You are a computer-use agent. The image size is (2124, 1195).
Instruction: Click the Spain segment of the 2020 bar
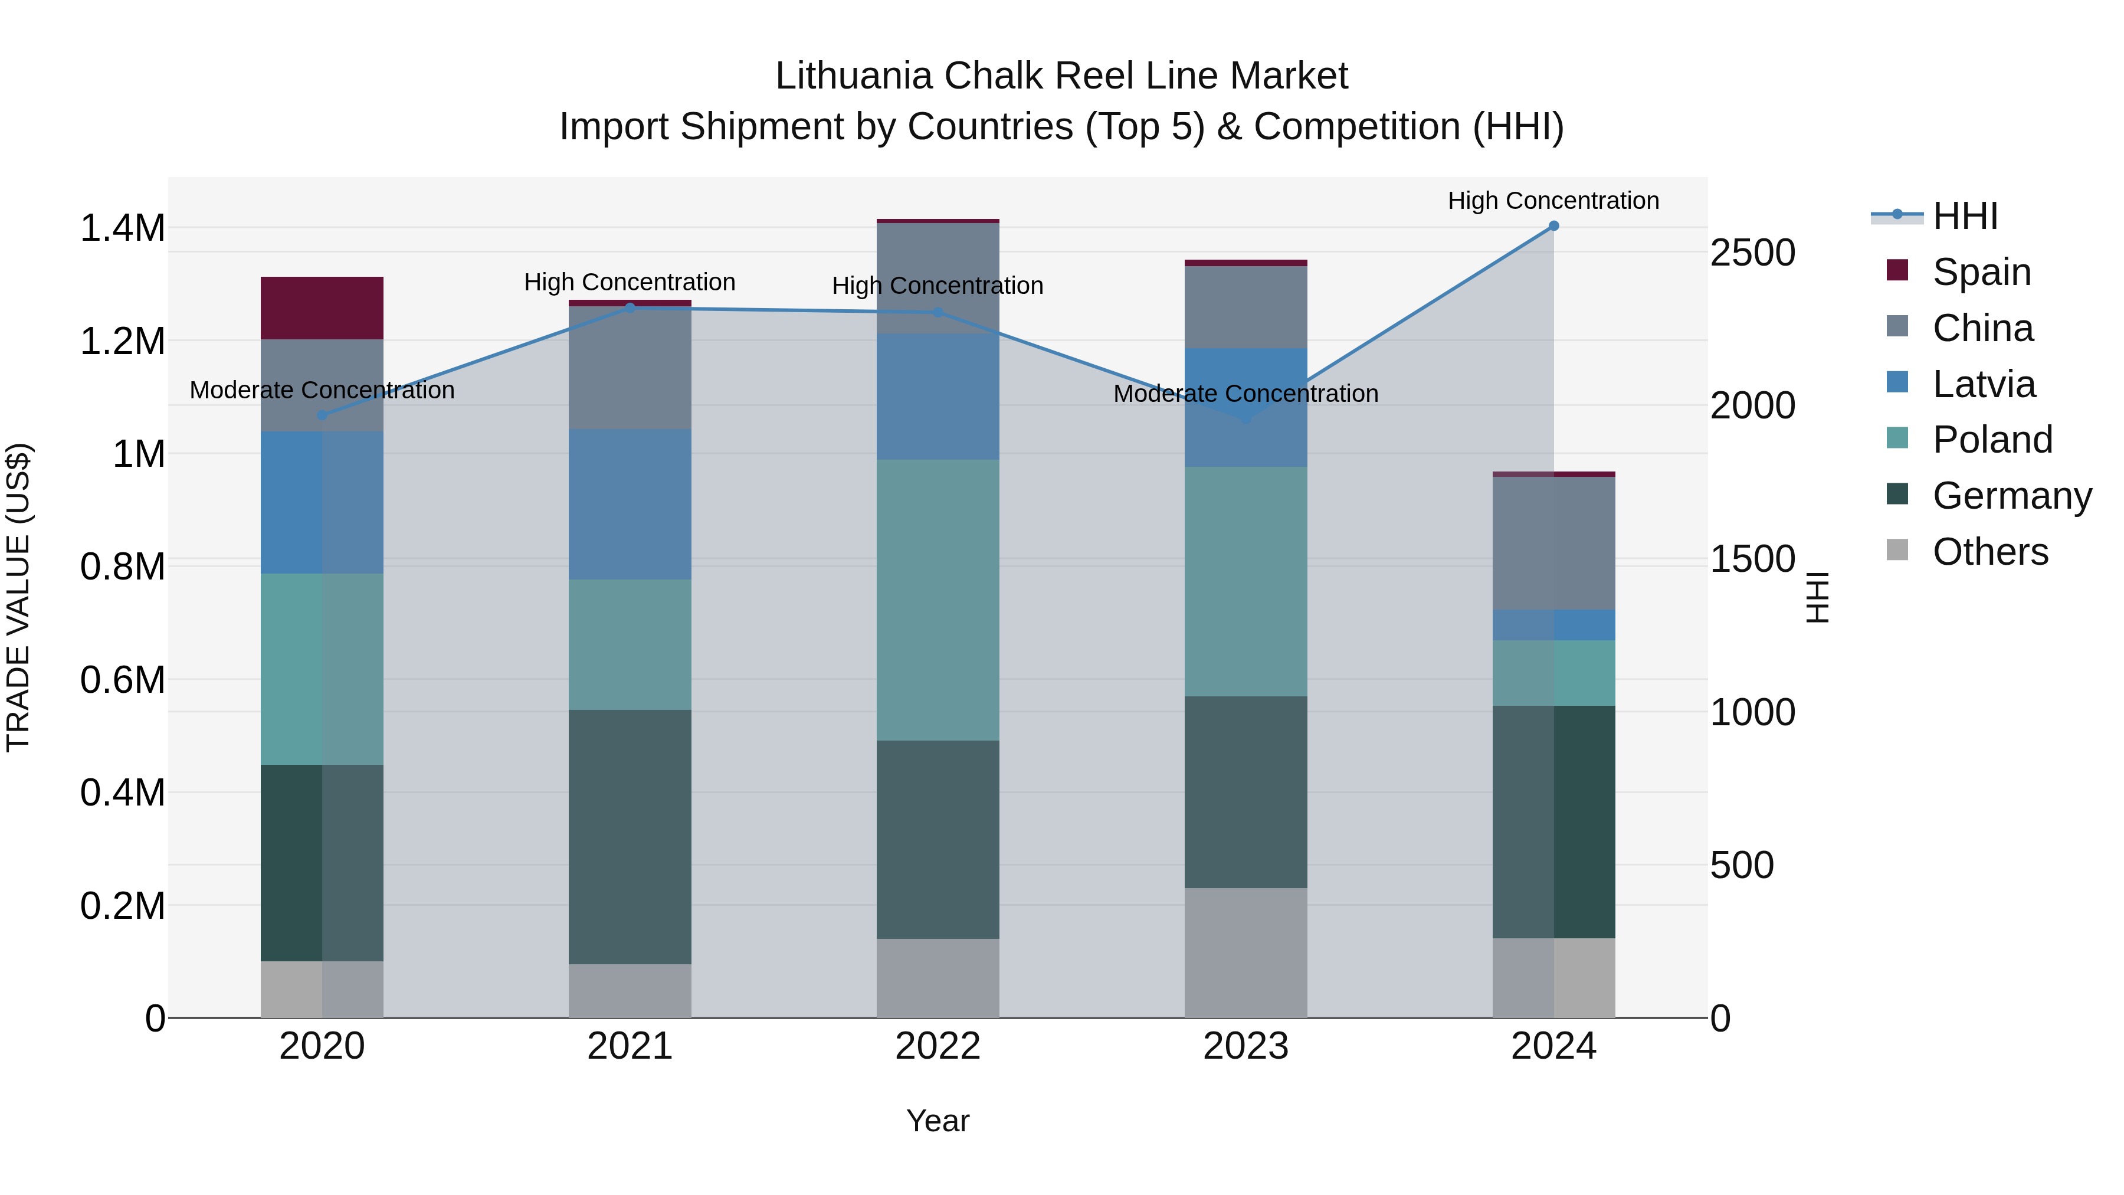click(322, 307)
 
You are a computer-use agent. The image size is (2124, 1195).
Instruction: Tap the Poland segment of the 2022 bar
click(938, 600)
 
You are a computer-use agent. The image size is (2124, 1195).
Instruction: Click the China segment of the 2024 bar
click(1553, 543)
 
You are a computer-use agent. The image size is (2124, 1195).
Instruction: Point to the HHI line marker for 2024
click(1553, 226)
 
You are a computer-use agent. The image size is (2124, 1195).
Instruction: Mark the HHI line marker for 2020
click(322, 415)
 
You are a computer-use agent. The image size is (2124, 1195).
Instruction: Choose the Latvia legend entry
click(1983, 384)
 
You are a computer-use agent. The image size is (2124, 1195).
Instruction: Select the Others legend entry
click(1989, 552)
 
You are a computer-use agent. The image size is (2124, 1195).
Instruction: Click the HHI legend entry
click(1965, 216)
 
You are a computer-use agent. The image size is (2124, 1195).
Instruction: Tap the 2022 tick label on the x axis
click(938, 1046)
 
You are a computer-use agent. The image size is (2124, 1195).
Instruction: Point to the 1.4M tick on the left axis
click(122, 228)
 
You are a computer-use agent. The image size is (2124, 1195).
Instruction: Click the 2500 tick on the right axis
click(1752, 253)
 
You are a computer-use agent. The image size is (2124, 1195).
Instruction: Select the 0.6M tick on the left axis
click(122, 680)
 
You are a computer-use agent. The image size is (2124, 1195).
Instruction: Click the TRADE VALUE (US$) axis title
click(18, 597)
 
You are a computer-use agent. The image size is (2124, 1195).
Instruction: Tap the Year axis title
click(938, 1121)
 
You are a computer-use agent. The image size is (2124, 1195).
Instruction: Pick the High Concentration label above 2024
click(1553, 201)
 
